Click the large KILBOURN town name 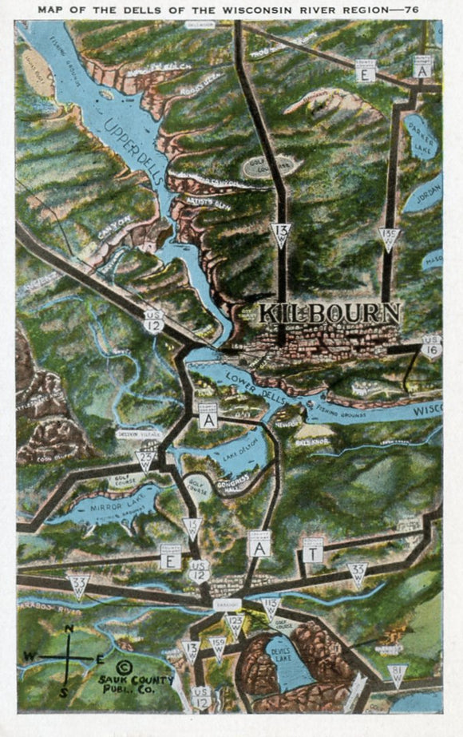pyautogui.click(x=329, y=312)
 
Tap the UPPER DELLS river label pyautogui.click(x=134, y=140)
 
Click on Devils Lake pyautogui.click(x=287, y=662)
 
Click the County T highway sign pyautogui.click(x=314, y=552)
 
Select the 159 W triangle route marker pyautogui.click(x=217, y=645)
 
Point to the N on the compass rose pyautogui.click(x=69, y=629)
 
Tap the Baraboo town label pyautogui.click(x=226, y=606)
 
